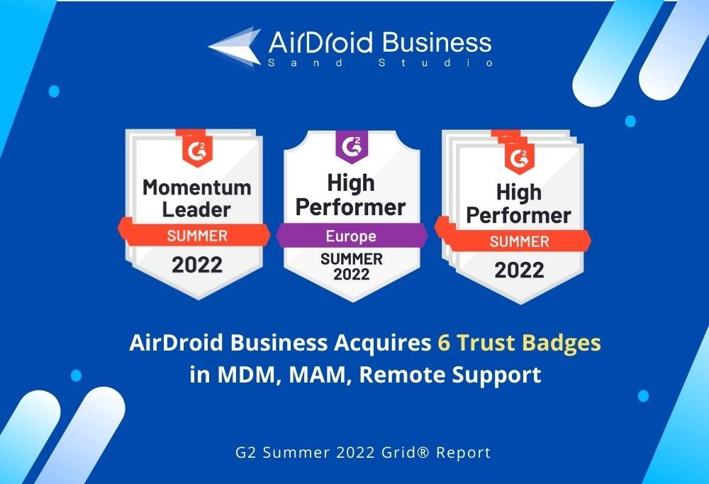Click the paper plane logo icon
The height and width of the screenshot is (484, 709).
[235, 47]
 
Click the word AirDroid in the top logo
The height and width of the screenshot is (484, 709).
[320, 43]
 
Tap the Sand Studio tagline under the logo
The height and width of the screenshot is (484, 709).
[380, 62]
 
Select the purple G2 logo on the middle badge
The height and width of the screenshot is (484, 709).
[352, 145]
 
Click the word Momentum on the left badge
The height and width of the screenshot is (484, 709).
[197, 187]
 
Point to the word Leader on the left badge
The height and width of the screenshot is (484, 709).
[196, 209]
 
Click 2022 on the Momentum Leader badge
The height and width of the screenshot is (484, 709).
[197, 265]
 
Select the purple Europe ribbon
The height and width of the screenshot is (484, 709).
[352, 236]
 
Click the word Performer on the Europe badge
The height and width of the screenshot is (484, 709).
[350, 207]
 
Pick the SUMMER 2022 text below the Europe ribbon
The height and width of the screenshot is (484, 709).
[352, 266]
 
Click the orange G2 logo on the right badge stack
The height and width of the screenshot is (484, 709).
[520, 158]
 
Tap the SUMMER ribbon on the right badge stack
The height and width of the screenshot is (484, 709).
[519, 241]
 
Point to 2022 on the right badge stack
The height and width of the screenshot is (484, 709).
[519, 270]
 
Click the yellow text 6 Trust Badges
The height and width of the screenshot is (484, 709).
[519, 343]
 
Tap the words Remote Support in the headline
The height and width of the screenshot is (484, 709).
[450, 375]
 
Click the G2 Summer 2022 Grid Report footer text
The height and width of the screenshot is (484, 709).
[363, 452]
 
